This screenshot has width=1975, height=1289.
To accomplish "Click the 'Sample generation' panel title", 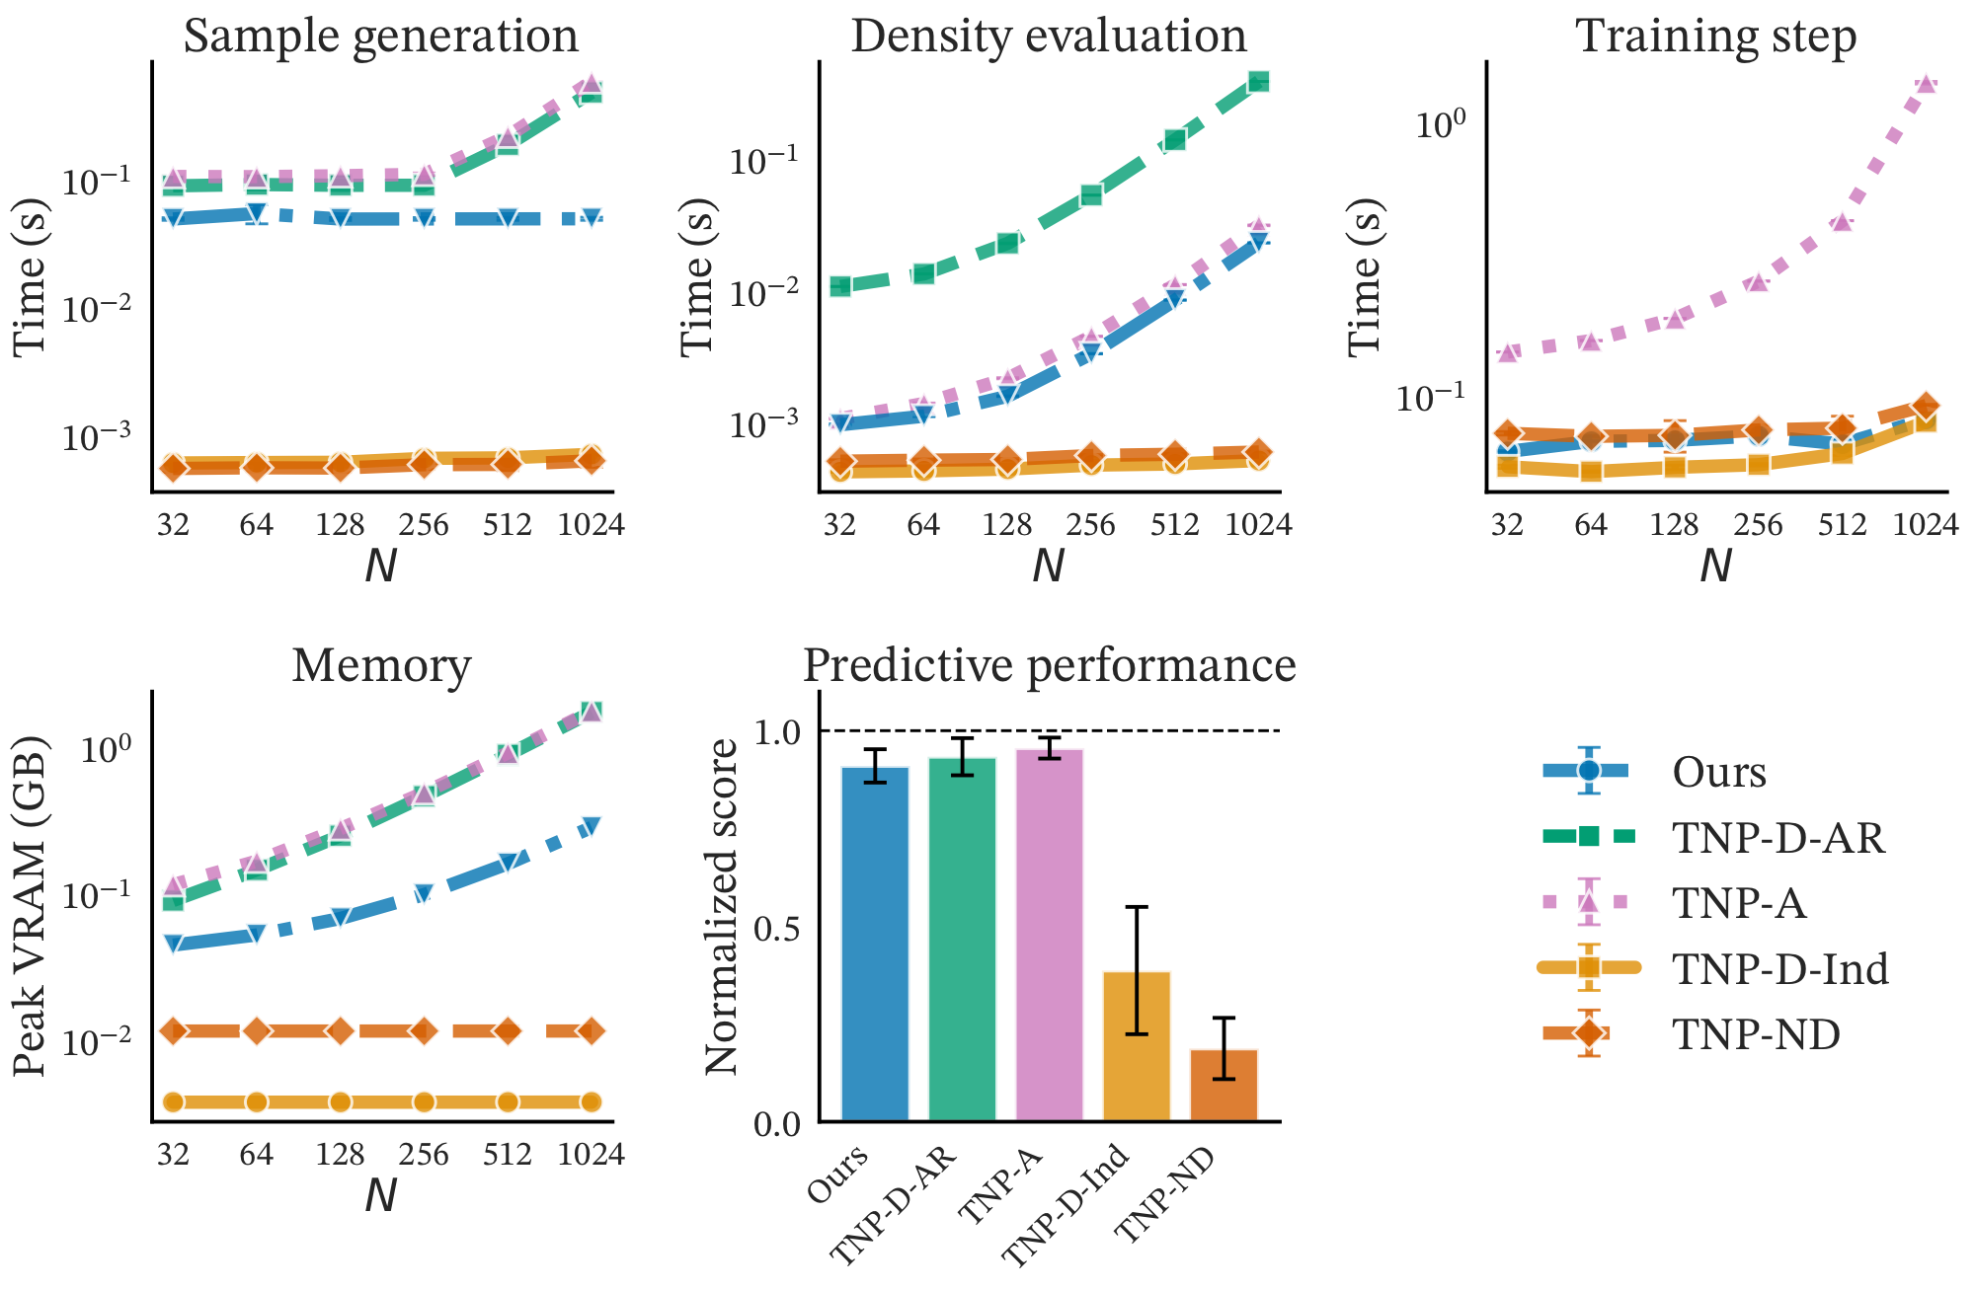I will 380,37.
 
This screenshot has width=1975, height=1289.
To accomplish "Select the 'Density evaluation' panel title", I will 1049,37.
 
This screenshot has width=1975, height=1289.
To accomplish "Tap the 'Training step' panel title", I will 1716,37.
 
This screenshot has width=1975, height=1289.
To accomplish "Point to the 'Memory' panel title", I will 381,666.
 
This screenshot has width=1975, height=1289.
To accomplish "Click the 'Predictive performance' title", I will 1049,666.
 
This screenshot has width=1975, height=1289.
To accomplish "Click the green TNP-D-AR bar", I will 962,938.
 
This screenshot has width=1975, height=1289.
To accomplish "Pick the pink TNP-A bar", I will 1049,934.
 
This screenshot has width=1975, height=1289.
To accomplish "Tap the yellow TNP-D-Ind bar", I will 1137,1046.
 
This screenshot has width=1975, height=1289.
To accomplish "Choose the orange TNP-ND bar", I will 1224,1085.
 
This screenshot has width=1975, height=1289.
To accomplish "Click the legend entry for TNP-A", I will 1738,903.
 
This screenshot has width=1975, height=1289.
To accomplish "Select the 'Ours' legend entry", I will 1718,772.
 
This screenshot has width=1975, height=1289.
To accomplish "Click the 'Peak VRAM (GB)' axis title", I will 30,905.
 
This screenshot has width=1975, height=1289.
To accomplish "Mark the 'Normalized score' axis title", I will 722,906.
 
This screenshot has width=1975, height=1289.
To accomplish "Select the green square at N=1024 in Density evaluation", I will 1258,82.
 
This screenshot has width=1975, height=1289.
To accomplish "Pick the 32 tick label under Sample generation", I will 173,524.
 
